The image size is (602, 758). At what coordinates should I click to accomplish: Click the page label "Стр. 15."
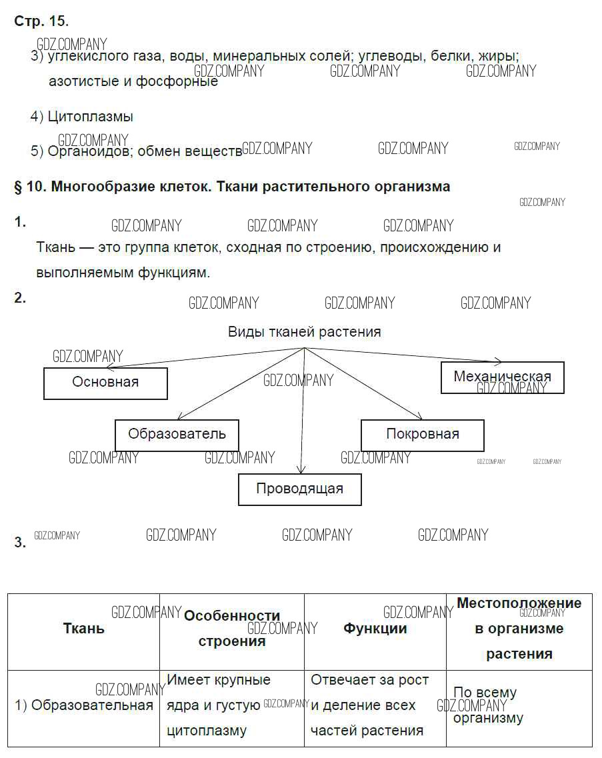tap(41, 21)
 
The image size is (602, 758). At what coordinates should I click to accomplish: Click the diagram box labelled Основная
tap(105, 383)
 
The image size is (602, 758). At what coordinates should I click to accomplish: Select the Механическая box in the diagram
tap(502, 377)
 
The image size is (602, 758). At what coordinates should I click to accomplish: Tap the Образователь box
tap(177, 435)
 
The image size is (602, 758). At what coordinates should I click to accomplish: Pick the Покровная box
tap(422, 435)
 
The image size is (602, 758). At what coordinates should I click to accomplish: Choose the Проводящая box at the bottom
tap(299, 489)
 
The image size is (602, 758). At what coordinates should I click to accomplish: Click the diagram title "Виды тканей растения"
tap(305, 332)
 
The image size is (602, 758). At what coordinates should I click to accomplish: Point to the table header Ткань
tap(83, 629)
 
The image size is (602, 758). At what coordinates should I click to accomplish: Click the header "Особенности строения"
tap(231, 629)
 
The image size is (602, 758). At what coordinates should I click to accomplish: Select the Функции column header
tap(375, 629)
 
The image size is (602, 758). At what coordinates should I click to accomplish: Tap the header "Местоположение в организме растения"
tap(519, 629)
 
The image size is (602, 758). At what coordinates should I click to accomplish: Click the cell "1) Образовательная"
tap(84, 705)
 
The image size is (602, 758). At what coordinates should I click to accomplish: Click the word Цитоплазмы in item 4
tap(91, 117)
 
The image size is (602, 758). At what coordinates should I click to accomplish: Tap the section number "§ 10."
tap(29, 187)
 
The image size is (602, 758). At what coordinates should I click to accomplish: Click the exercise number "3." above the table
tap(20, 543)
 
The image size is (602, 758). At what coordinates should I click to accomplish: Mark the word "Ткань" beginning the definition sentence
tap(56, 247)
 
